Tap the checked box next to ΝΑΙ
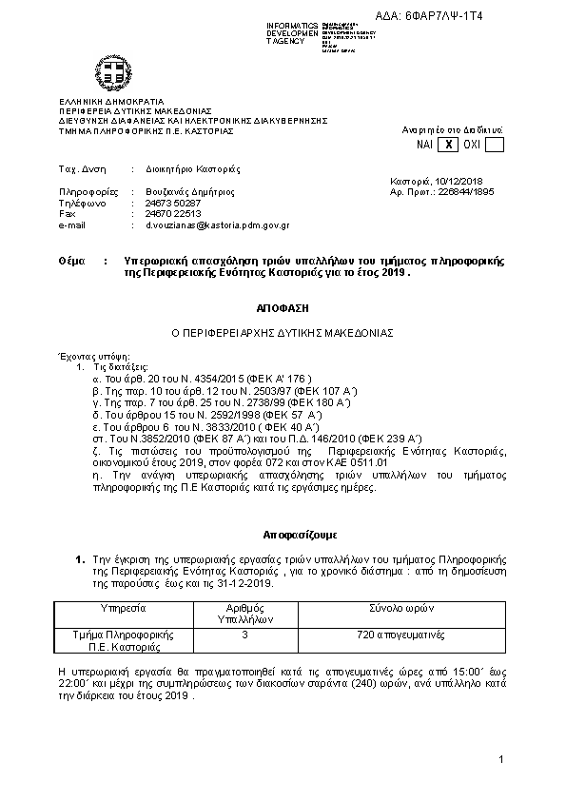click(x=446, y=145)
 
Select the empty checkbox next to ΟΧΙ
click(x=494, y=145)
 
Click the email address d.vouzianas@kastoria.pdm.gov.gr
click(x=217, y=225)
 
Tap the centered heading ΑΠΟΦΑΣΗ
click(x=282, y=309)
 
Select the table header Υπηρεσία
click(x=123, y=606)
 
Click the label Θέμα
click(x=71, y=260)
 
